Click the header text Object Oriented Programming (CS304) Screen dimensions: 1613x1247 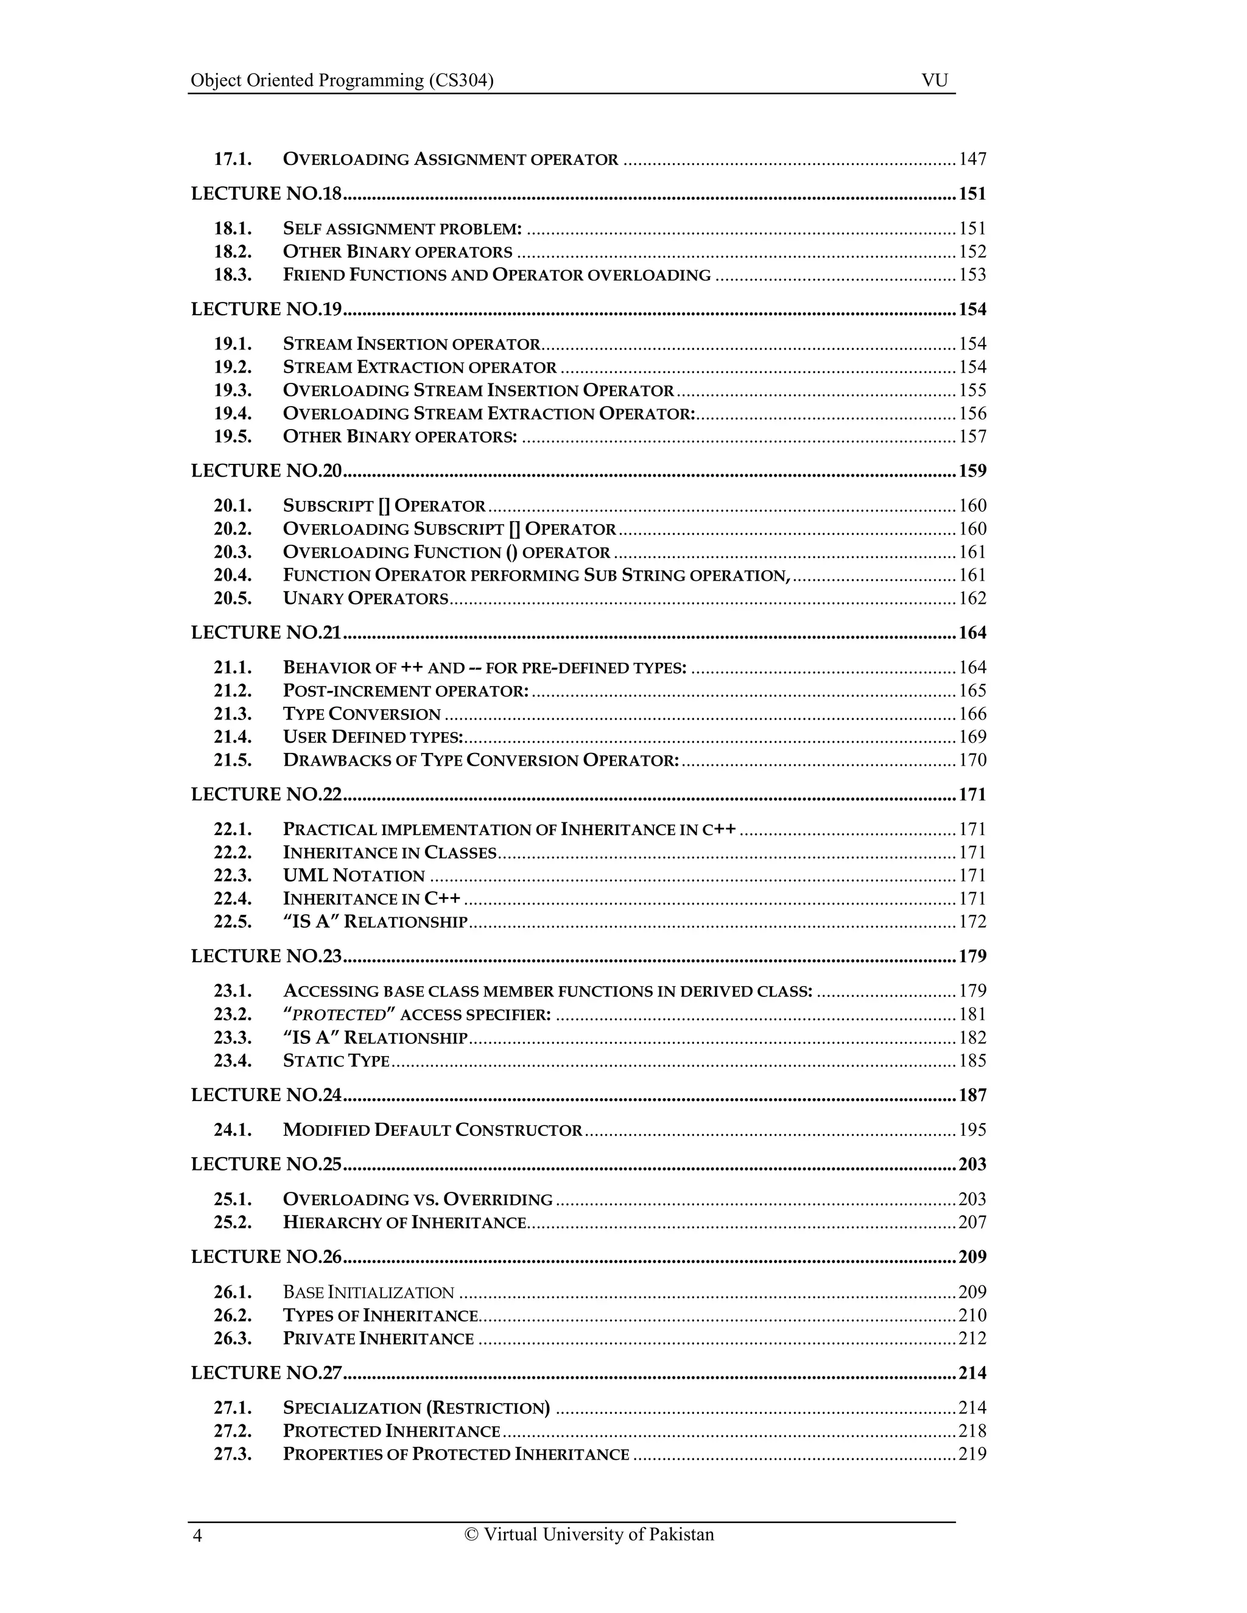point(342,80)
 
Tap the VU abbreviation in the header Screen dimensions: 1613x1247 point(934,80)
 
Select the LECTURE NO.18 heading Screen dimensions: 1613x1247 point(267,194)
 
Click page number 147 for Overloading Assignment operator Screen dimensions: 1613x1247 point(972,159)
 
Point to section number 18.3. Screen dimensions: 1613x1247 point(233,275)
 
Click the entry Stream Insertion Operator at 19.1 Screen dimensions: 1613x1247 point(412,344)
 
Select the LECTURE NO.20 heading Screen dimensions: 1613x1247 point(267,471)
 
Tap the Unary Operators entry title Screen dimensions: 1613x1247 point(366,598)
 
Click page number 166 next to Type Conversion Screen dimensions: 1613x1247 point(972,714)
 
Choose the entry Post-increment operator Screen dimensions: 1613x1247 point(406,691)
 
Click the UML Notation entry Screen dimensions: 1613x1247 point(354,876)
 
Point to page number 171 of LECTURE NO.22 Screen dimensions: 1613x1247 point(972,795)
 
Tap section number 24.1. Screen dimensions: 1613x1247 point(233,1130)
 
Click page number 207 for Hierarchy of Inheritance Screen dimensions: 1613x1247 point(972,1222)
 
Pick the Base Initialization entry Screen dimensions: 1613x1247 point(368,1292)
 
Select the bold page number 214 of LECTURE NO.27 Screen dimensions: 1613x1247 point(972,1373)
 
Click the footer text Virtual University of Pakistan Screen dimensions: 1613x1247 point(589,1534)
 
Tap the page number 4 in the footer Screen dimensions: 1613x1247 point(197,1536)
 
